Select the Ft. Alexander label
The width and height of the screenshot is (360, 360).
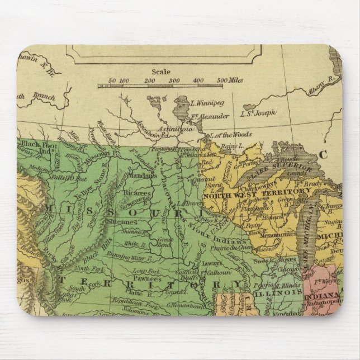click(x=210, y=116)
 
